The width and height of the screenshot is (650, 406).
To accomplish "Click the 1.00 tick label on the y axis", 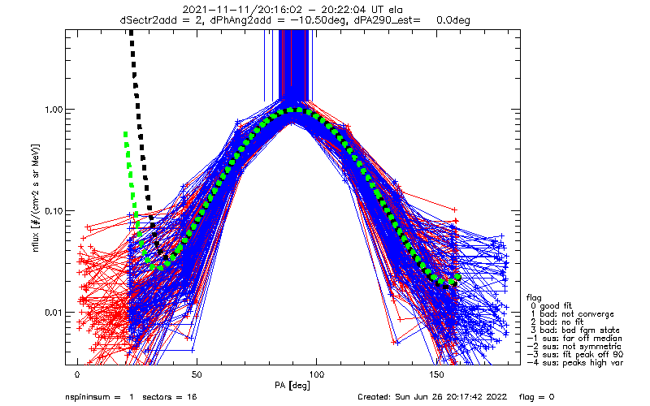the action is [54, 110].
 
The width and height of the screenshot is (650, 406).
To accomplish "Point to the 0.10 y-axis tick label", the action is [54, 211].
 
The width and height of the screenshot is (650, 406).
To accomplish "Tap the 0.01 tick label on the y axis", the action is [54, 313].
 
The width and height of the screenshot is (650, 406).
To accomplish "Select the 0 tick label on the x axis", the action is [77, 374].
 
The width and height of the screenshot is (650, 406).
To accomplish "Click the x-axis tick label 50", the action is [197, 374].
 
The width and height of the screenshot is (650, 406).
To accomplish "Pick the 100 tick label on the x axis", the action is [316, 374].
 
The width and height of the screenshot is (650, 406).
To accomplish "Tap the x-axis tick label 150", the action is [435, 374].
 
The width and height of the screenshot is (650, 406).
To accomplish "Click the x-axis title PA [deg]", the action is [292, 386].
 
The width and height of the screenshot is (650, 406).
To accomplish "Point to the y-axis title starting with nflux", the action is [36, 198].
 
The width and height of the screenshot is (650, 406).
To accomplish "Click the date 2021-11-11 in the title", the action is [214, 9].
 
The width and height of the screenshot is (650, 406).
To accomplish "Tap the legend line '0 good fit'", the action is [551, 306].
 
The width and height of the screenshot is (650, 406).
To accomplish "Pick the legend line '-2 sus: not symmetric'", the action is [574, 347].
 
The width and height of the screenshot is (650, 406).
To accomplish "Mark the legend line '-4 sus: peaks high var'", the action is [575, 362].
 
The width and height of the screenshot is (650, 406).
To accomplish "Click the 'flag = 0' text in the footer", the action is [536, 397].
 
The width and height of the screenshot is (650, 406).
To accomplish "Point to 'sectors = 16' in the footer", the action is [170, 397].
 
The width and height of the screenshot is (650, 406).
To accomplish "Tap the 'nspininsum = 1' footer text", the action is [99, 397].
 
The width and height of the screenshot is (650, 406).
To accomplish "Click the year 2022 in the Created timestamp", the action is [498, 397].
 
